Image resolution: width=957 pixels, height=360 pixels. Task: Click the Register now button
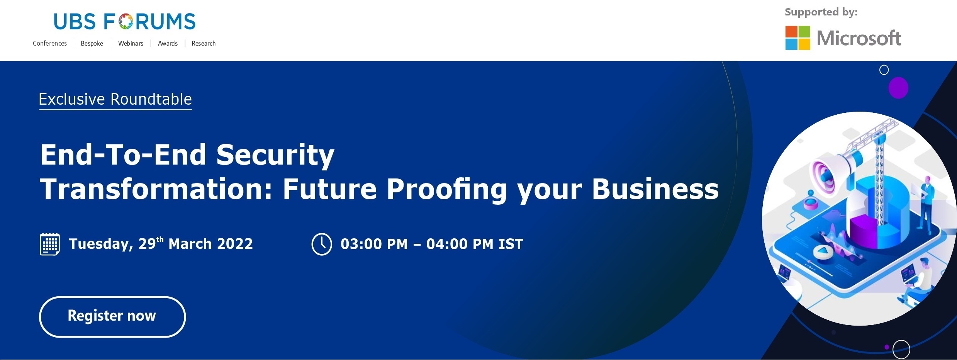[112, 317]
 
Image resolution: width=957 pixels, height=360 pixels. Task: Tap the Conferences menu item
[50, 43]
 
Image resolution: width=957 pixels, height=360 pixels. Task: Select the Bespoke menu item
[92, 43]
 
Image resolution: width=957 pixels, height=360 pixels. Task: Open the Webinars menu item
[131, 43]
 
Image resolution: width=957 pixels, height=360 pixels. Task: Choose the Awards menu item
[168, 43]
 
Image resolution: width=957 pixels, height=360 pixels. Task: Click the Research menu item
[204, 43]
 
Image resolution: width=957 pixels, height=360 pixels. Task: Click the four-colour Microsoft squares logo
[797, 38]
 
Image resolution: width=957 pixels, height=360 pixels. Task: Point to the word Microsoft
[859, 38]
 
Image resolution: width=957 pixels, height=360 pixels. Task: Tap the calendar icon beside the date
[50, 244]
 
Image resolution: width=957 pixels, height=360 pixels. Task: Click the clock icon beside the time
[322, 244]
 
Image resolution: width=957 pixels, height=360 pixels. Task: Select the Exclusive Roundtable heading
[115, 99]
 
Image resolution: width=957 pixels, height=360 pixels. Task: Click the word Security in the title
[275, 155]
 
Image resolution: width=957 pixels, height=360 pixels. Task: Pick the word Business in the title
[655, 189]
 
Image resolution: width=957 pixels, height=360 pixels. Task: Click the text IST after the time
[511, 244]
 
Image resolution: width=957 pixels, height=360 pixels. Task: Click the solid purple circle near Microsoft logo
[898, 88]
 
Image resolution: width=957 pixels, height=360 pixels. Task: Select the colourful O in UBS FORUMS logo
[126, 22]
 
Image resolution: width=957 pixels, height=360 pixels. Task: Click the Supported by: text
[821, 12]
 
